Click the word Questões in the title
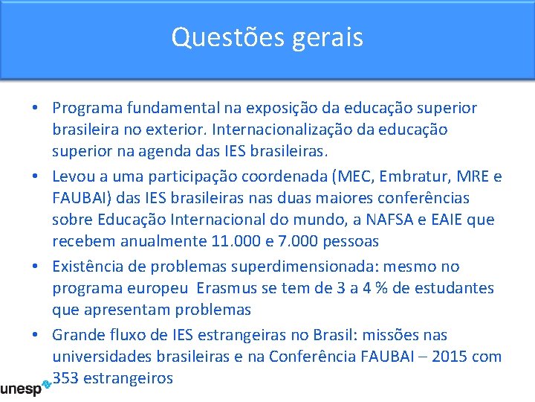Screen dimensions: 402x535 point(216,36)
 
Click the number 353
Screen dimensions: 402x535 point(66,378)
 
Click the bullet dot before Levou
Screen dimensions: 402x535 point(36,177)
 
